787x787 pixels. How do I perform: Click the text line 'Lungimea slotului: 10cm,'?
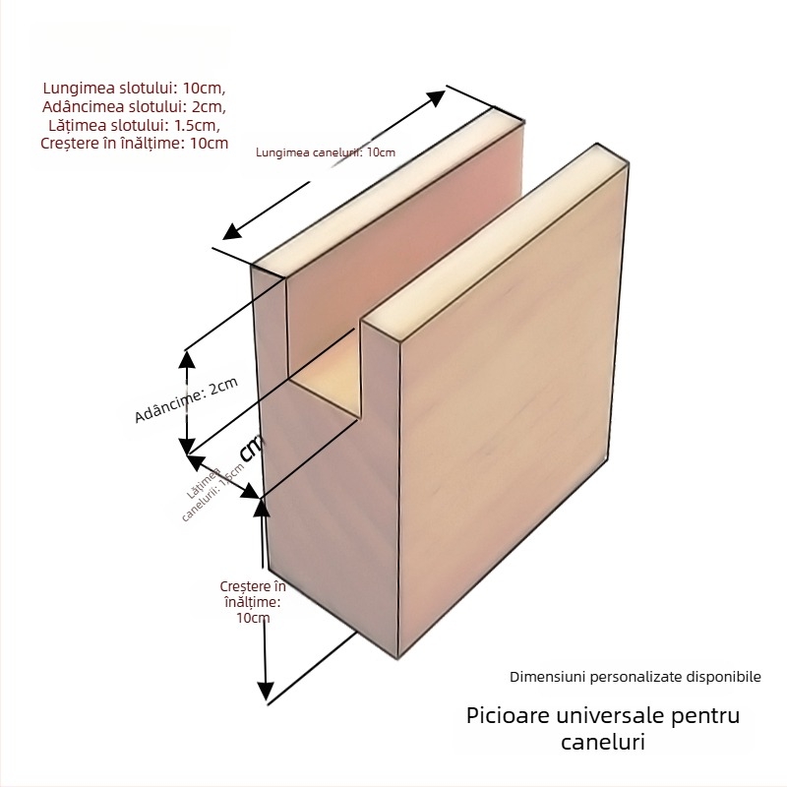coord(135,88)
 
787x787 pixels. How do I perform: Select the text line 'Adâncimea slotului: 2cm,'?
coord(135,106)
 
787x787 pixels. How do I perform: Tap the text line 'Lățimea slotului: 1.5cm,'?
coord(135,125)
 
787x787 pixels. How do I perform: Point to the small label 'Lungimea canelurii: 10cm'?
coord(325,151)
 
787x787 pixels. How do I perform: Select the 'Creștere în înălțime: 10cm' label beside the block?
coord(253,601)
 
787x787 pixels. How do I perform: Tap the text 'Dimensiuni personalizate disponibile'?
coord(635,677)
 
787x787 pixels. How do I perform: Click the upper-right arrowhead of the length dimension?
coord(439,95)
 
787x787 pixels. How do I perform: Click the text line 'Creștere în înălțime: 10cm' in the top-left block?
coord(135,144)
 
